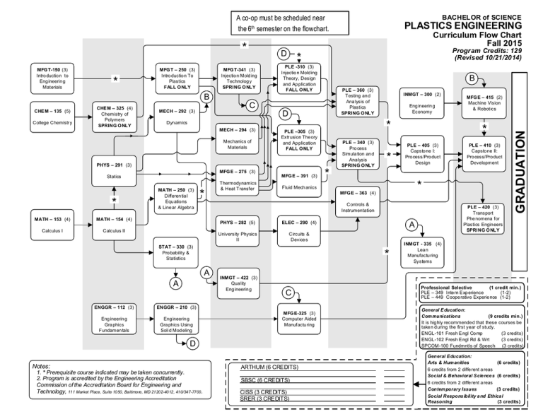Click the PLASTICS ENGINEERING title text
point(464,26)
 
